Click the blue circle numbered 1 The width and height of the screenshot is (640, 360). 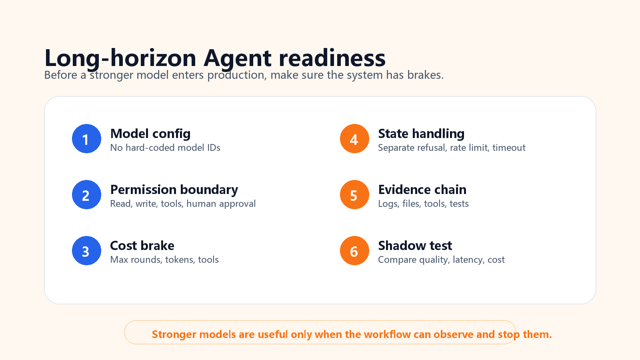(x=86, y=138)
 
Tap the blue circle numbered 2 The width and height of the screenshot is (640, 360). (x=86, y=194)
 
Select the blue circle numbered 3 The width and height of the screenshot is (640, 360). (x=86, y=250)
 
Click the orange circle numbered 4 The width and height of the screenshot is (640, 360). (x=354, y=138)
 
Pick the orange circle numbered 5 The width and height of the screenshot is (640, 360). (x=354, y=194)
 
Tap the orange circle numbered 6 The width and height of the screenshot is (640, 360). (x=354, y=250)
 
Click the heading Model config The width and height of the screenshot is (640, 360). (x=150, y=134)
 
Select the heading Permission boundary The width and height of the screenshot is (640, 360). (x=174, y=190)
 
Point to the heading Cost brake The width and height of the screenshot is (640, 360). (x=142, y=246)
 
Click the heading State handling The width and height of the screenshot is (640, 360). (x=421, y=134)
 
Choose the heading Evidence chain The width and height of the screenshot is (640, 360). (x=422, y=190)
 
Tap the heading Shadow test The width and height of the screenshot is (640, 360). (x=415, y=246)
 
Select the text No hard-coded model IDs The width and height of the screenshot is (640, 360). (x=165, y=148)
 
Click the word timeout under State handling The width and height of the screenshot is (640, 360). (x=509, y=148)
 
